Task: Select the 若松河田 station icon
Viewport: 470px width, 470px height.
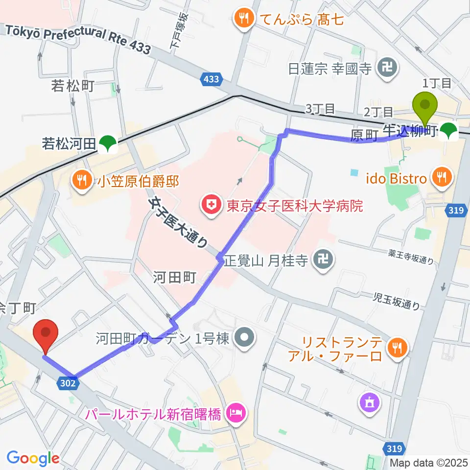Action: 107,143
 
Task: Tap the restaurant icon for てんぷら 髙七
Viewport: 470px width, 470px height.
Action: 243,20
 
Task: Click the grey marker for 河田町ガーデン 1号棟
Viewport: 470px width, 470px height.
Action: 243,338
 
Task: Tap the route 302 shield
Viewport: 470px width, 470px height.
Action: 69,383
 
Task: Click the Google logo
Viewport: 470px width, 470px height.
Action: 33,458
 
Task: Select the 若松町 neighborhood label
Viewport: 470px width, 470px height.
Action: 72,87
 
